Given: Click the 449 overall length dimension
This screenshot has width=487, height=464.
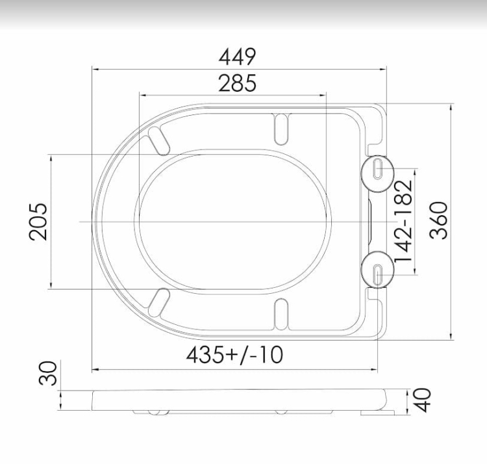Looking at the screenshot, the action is point(238,57).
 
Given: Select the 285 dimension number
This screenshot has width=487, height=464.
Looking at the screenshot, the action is point(238,83).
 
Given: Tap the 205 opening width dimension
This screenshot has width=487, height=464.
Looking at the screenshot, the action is point(38,222).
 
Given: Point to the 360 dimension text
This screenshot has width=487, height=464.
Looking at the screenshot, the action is point(438,220).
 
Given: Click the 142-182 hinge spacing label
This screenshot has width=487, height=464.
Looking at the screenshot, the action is point(404,222).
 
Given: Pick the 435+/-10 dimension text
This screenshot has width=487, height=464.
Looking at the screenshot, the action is point(235,355).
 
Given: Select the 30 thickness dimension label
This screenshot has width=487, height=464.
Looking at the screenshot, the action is point(48,373).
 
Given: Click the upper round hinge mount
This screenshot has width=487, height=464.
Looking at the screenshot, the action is point(378,174).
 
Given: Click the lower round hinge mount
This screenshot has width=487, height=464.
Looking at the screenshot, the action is point(378,270).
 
